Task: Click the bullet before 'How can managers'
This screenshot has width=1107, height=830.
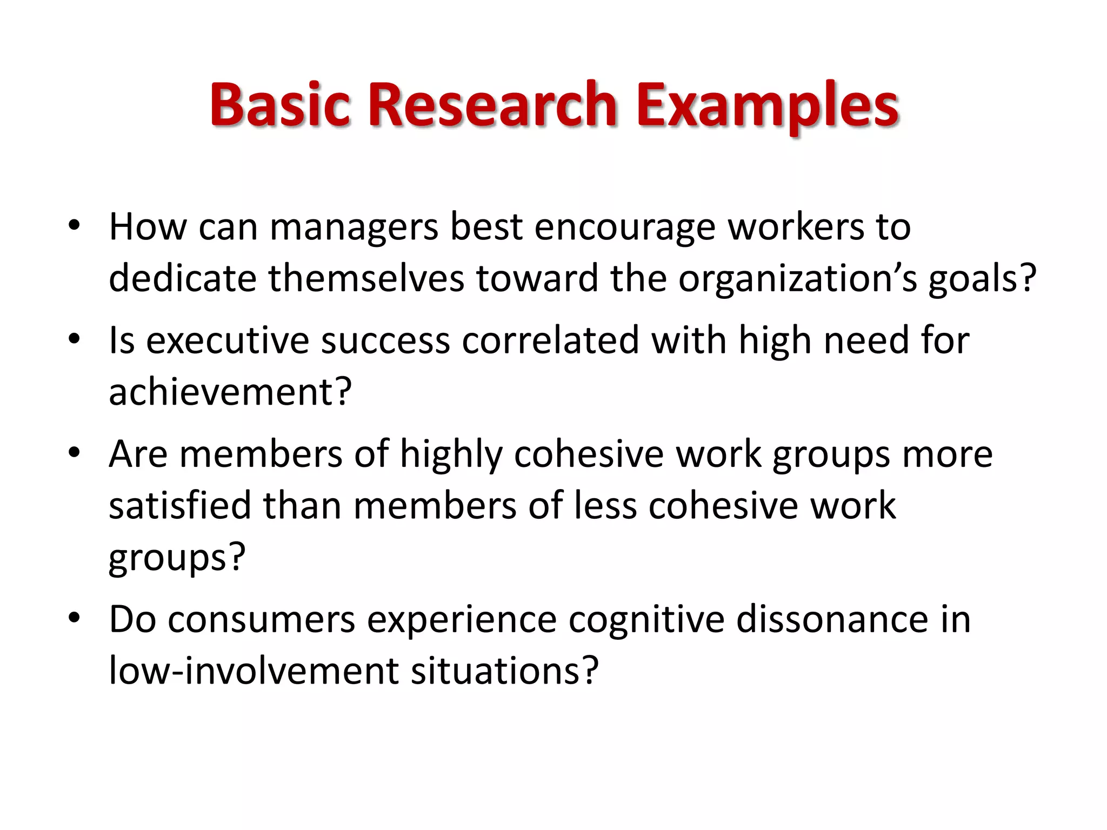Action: tap(75, 225)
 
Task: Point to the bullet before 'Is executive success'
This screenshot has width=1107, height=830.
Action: tap(75, 339)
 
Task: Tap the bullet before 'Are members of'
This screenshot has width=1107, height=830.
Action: tap(75, 452)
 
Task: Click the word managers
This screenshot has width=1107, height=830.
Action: tap(354, 227)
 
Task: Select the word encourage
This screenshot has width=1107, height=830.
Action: tap(625, 227)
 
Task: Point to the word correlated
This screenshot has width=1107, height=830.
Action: tap(550, 340)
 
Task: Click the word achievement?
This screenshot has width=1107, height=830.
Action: tap(230, 391)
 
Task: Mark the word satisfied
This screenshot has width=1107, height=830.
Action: tap(180, 506)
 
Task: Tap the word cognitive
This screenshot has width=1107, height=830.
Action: tap(646, 620)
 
